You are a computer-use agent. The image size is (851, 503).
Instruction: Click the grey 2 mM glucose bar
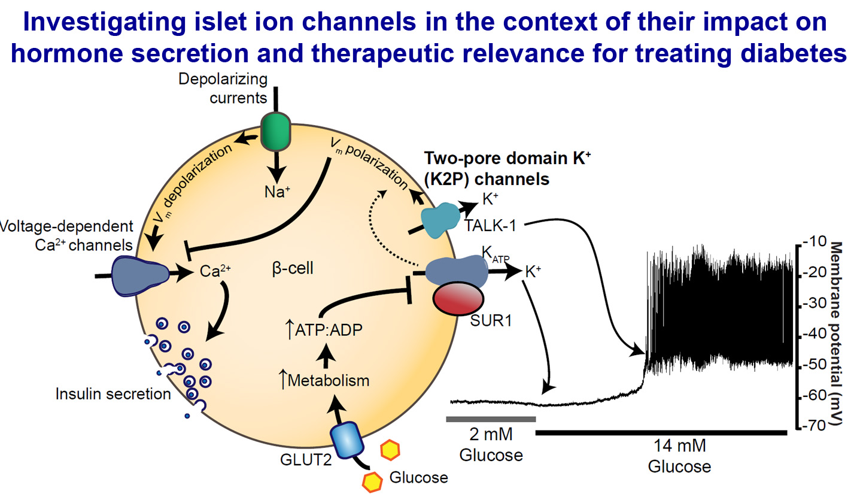tap(491, 419)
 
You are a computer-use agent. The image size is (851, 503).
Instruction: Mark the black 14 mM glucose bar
tap(661, 431)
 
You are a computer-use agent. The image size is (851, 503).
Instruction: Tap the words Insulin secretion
tap(113, 394)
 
